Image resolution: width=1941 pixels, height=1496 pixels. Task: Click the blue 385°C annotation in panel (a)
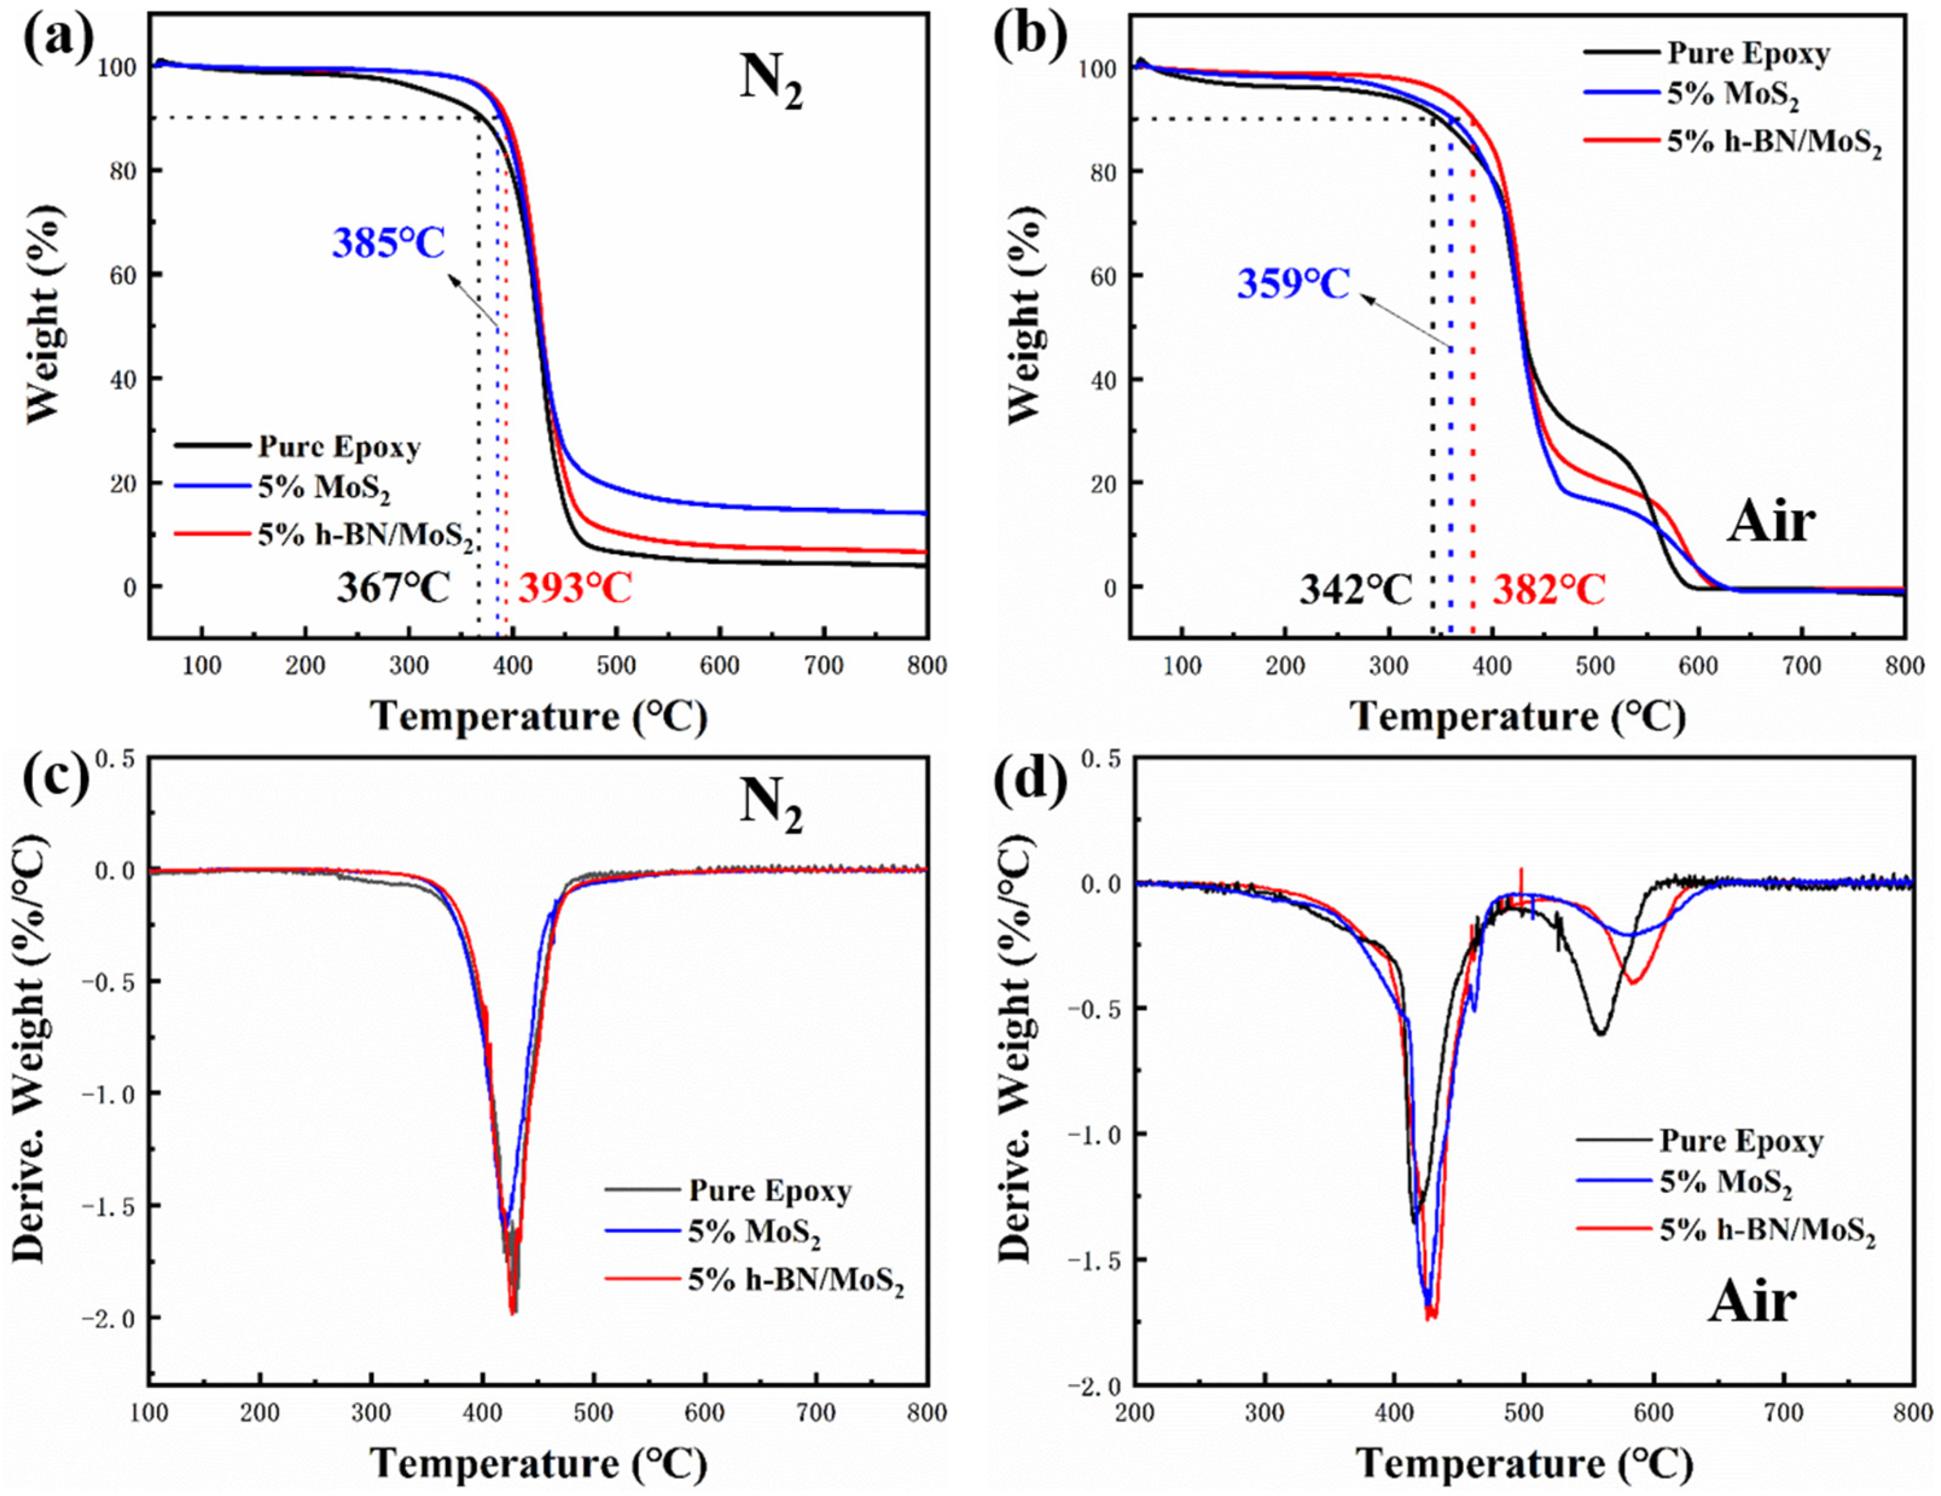[388, 243]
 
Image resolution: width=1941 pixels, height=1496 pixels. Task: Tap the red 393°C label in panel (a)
[575, 588]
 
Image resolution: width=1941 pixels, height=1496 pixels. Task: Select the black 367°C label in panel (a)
[393, 588]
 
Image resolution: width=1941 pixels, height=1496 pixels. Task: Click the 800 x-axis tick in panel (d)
[1911, 1413]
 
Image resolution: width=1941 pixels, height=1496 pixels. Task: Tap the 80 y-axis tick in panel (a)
[117, 171]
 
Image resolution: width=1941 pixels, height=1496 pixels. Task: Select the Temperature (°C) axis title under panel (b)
[1517, 716]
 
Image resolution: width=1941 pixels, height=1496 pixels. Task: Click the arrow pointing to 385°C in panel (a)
[473, 302]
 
